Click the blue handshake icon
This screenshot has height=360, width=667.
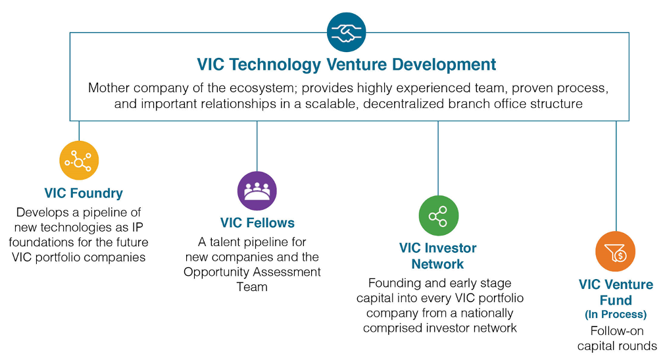pos(346,32)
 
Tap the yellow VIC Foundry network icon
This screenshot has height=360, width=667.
pos(79,161)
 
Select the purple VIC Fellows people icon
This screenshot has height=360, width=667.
pos(257,191)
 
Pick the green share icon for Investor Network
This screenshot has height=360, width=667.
pos(439,216)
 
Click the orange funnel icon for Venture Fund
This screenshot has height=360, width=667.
pos(616,251)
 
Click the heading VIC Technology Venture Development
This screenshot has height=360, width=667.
pos(346,64)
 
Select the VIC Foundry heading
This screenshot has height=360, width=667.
pos(84,193)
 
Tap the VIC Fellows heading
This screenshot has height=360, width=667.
pos(257,223)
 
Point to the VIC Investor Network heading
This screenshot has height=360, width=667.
pos(437,256)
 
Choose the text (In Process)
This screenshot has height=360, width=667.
pos(616,315)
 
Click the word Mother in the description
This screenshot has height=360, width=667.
pos(107,88)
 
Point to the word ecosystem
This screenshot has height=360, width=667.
pos(262,88)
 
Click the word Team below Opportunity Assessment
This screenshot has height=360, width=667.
pos(252,287)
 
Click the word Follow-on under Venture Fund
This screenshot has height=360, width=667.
pos(617,331)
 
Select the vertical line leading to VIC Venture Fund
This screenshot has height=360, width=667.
pos(616,176)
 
